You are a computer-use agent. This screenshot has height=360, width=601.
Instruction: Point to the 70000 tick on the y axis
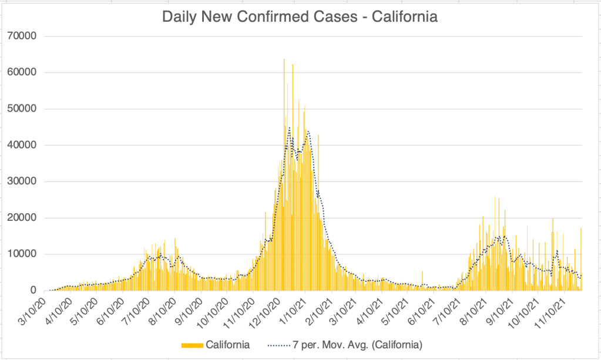click(22, 36)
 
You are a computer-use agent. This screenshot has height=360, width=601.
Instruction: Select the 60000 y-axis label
click(22, 72)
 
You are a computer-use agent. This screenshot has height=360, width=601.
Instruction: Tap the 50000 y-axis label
click(22, 109)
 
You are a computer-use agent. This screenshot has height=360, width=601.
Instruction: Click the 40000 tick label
click(22, 145)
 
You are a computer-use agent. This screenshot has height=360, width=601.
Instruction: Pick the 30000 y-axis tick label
click(22, 181)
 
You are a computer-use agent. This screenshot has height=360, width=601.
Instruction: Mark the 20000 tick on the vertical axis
click(22, 218)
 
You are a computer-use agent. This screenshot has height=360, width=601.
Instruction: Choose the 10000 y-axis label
click(22, 254)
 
